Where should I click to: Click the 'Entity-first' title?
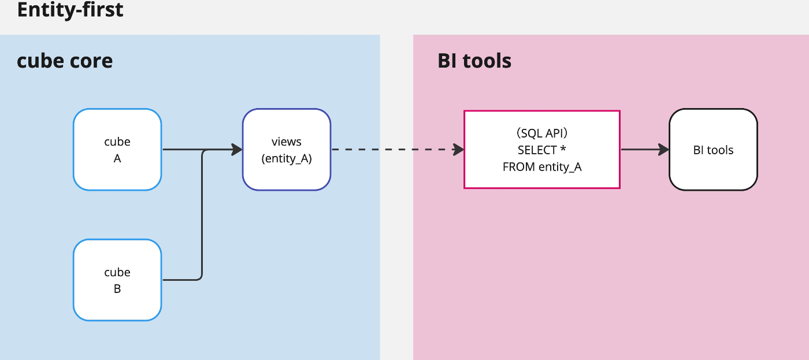(x=70, y=9)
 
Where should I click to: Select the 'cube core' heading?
(x=65, y=60)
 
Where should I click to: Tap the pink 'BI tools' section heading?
(x=474, y=60)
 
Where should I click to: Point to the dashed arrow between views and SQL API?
(x=398, y=149)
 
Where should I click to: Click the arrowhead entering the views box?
(x=237, y=149)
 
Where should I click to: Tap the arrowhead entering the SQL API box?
(x=458, y=149)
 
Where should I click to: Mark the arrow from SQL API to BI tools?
(x=645, y=149)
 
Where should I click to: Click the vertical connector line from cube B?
(x=202, y=214)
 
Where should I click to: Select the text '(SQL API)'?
(x=542, y=133)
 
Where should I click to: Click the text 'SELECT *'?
(x=542, y=150)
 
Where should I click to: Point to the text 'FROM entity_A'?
(x=542, y=167)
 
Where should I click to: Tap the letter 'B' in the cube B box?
(x=117, y=289)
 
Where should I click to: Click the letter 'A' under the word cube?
(x=117, y=158)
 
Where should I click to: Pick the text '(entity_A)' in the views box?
(x=287, y=158)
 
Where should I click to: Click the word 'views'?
(x=287, y=142)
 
